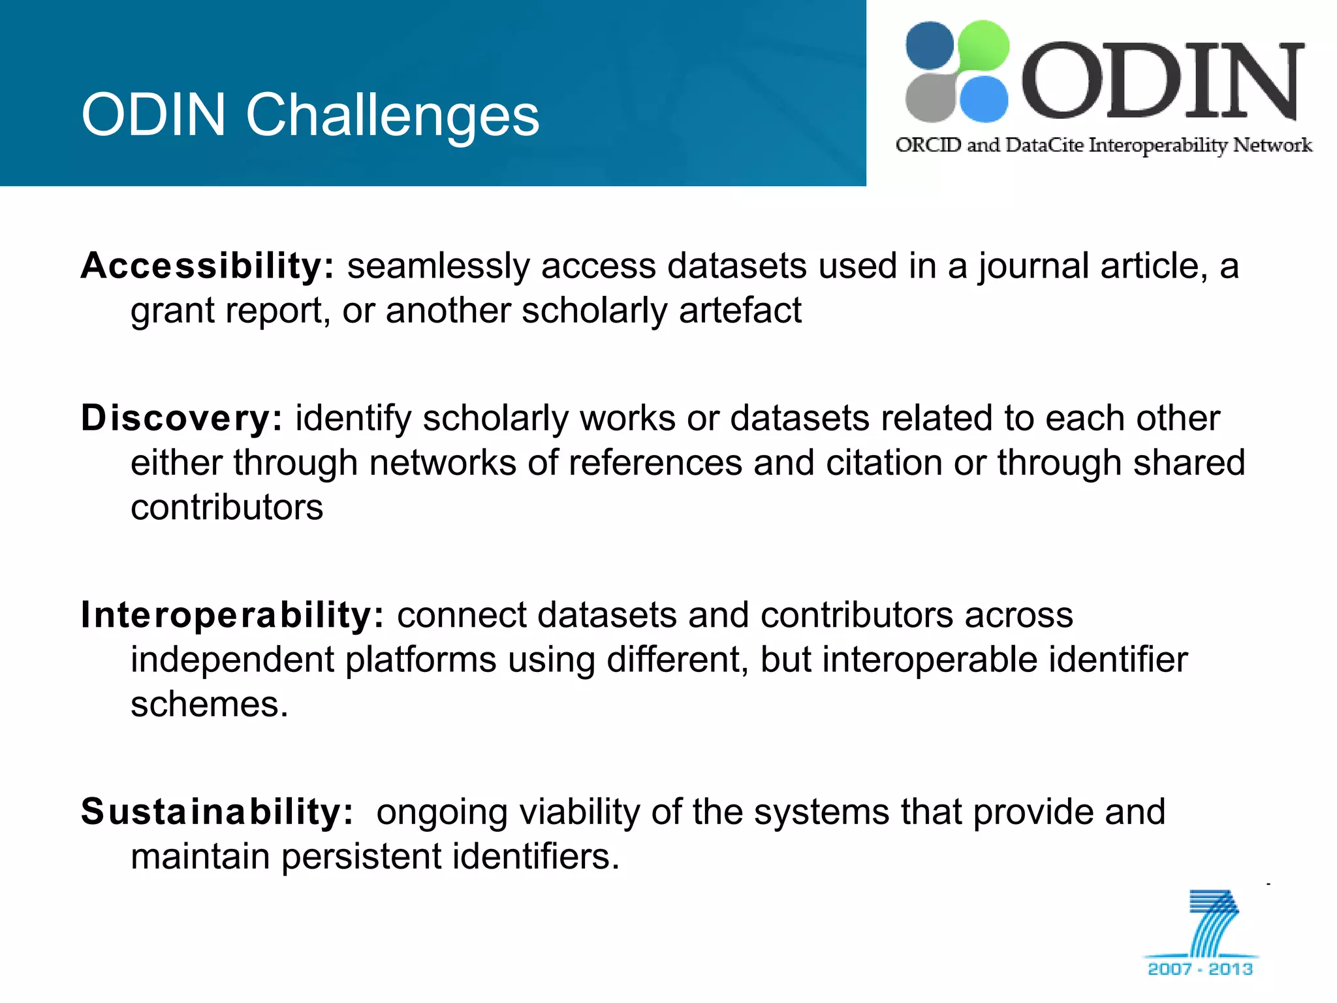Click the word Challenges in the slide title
pyautogui.click(x=392, y=115)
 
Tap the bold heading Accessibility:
pyautogui.click(x=208, y=266)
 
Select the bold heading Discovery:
pyautogui.click(x=181, y=418)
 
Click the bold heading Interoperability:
pyautogui.click(x=233, y=615)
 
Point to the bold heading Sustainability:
pyautogui.click(x=217, y=812)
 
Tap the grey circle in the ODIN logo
pyautogui.click(x=930, y=99)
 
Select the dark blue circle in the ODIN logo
pyautogui.click(x=930, y=45)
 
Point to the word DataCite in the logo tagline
pyautogui.click(x=1044, y=145)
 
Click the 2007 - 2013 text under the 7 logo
pyautogui.click(x=1200, y=969)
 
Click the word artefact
pyautogui.click(x=740, y=310)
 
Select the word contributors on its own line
pyautogui.click(x=227, y=507)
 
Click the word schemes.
pyautogui.click(x=209, y=705)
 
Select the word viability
pyautogui.click(x=579, y=812)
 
